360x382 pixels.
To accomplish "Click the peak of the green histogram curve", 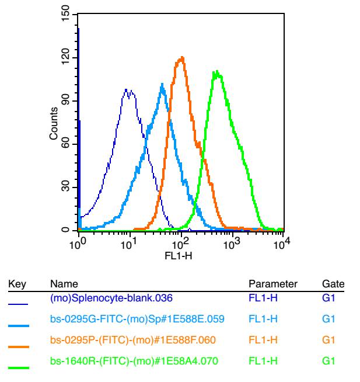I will (216, 72).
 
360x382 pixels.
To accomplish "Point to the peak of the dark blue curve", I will (127, 90).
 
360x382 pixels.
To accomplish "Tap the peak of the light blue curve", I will (162, 84).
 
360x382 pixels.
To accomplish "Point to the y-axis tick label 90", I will (65, 101).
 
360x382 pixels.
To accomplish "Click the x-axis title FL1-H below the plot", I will (181, 255).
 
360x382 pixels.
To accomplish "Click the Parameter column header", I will (273, 284).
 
